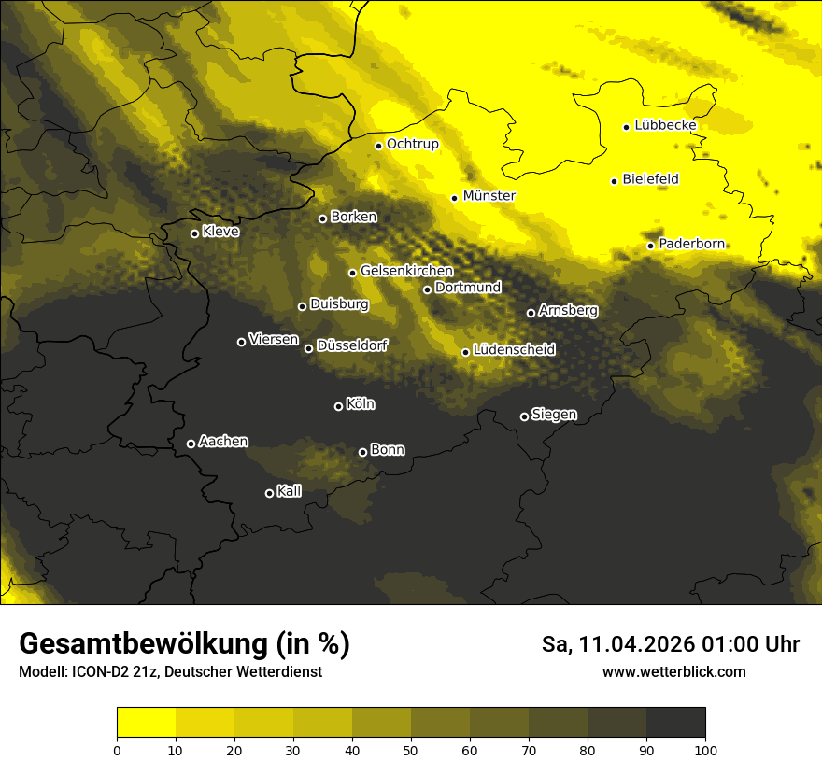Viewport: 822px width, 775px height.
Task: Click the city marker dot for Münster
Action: [x=455, y=198]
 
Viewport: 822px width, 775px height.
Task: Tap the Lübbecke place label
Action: [x=665, y=125]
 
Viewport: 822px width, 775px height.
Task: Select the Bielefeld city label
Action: [x=650, y=179]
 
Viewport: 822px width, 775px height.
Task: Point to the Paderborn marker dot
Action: [x=651, y=246]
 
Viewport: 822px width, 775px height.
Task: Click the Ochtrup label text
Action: [x=412, y=144]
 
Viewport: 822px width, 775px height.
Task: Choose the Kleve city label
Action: [x=220, y=232]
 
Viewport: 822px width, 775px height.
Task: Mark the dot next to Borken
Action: [x=323, y=218]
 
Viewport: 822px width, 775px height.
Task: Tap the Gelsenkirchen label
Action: [x=406, y=271]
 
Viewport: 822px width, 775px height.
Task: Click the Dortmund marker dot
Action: [x=428, y=289]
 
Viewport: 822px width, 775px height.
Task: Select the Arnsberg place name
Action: [x=568, y=310]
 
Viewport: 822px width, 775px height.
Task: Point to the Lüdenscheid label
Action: [x=514, y=350]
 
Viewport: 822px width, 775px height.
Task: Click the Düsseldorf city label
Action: [x=352, y=345]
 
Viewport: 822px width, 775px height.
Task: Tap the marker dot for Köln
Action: [x=338, y=406]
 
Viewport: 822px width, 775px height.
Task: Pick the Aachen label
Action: [x=223, y=442]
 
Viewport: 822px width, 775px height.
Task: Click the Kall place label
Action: [x=290, y=491]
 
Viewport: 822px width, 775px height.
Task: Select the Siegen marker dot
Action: [x=524, y=416]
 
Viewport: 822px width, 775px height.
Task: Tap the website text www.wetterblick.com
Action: [x=673, y=671]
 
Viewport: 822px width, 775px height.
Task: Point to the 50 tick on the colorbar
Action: [x=411, y=750]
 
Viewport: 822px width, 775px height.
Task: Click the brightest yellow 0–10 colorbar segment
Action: [x=146, y=722]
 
